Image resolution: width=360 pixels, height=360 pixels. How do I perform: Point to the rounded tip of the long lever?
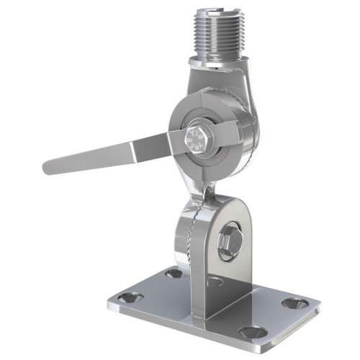[x=49, y=168]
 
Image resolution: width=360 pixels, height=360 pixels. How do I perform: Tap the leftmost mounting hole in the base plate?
[x=130, y=302]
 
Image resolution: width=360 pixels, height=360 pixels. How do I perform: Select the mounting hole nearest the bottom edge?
[x=249, y=332]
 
